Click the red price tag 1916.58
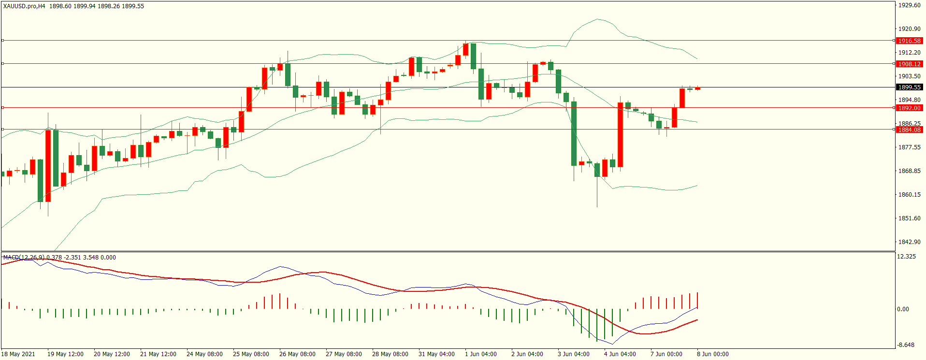point(909,41)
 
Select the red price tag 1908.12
point(909,64)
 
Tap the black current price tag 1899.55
point(909,87)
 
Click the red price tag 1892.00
point(909,108)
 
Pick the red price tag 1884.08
point(909,130)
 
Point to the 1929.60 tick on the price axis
point(909,5)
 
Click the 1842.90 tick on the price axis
point(909,242)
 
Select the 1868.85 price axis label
point(909,171)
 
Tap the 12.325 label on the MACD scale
point(906,257)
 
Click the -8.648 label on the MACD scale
point(906,345)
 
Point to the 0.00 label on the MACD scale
point(903,309)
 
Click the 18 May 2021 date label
point(18,354)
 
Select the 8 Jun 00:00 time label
point(712,354)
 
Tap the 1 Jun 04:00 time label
point(480,354)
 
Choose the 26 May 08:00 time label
point(297,354)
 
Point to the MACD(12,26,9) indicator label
point(24,258)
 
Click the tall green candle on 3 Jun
point(574,133)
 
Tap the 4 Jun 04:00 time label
point(620,354)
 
